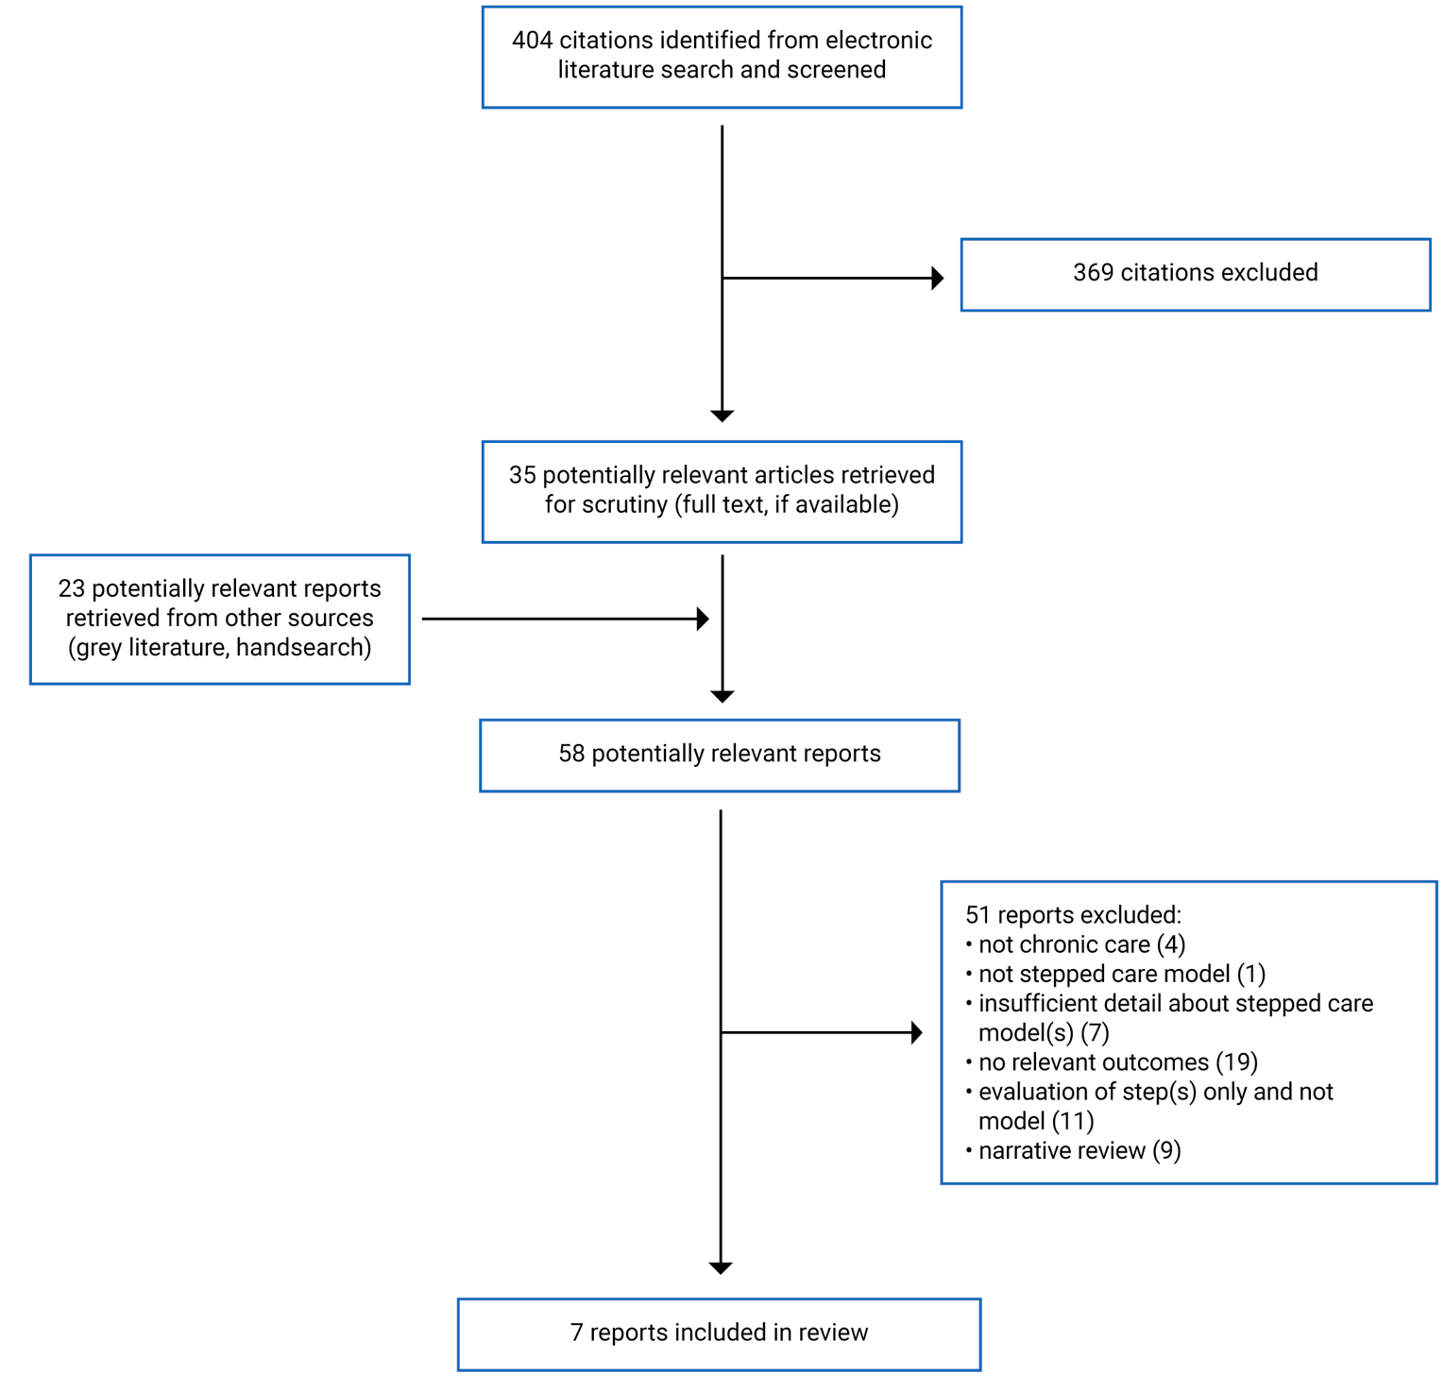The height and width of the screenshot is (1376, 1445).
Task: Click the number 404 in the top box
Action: click(532, 41)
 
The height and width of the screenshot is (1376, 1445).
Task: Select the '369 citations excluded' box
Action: click(1195, 274)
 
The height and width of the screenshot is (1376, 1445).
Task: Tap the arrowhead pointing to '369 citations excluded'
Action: click(937, 278)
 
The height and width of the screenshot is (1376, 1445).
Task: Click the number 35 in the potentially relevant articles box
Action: click(522, 475)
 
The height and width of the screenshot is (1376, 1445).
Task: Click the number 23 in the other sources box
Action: click(71, 588)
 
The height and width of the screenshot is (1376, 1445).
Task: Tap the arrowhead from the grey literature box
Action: click(703, 619)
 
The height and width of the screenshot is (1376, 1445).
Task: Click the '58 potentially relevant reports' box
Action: click(720, 755)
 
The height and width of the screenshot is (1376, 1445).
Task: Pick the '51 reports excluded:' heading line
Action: click(1073, 915)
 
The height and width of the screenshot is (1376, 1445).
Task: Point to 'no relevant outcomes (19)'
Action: click(1117, 1062)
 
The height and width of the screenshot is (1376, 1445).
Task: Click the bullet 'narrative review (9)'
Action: click(1079, 1150)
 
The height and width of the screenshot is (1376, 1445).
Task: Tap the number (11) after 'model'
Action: click(1073, 1121)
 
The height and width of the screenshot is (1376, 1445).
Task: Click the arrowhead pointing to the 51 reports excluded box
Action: click(916, 1032)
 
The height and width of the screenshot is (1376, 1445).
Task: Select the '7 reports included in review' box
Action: click(719, 1334)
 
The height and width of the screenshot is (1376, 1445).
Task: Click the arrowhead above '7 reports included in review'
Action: click(721, 1268)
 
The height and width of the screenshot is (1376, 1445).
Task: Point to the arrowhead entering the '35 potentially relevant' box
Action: click(722, 416)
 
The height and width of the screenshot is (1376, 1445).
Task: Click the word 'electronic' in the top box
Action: click(878, 41)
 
